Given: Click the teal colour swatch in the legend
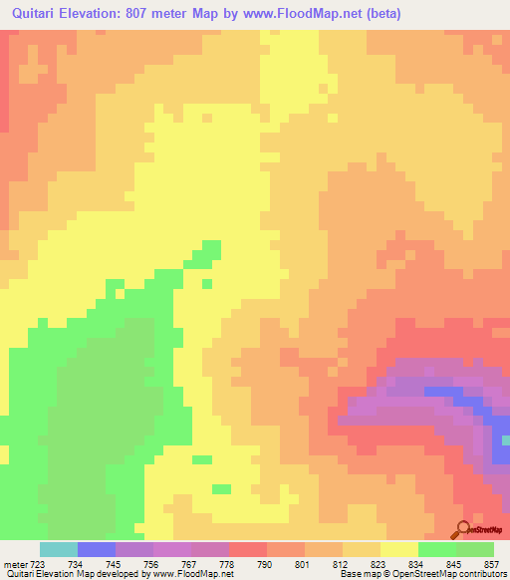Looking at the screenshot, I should pos(59,550).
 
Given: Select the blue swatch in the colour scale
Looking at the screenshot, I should pos(97,550).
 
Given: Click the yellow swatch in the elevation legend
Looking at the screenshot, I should pos(399,550).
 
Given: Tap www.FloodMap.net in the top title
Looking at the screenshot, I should pos(335,14).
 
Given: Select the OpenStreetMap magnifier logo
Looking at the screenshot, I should pos(462,528).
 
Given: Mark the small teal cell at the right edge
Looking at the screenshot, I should pos(506,439).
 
